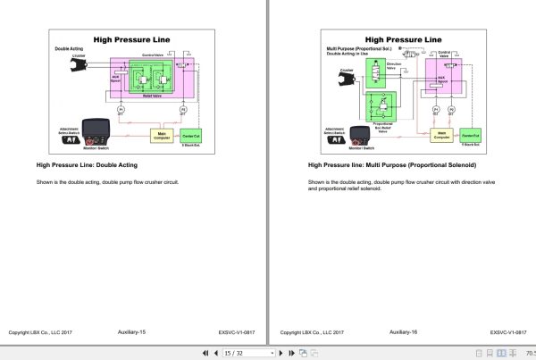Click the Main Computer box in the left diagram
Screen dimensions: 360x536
pyautogui.click(x=161, y=135)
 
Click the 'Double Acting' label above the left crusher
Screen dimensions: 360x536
pyautogui.click(x=69, y=49)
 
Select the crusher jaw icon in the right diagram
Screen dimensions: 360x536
pyautogui.click(x=341, y=81)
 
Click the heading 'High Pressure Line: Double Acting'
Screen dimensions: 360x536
pyautogui.click(x=87, y=165)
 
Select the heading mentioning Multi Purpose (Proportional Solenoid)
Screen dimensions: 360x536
pyautogui.click(x=392, y=165)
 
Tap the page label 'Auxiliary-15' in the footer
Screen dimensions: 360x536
pyautogui.click(x=131, y=331)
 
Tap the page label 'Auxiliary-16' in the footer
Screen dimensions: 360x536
pyautogui.click(x=404, y=331)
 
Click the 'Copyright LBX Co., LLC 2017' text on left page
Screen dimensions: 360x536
pyautogui.click(x=40, y=332)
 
